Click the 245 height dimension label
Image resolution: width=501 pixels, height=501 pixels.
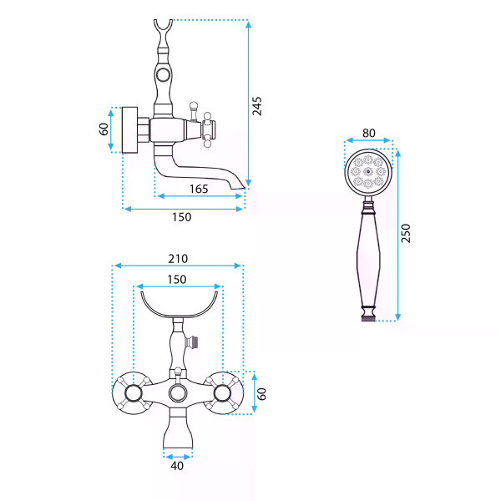click(x=257, y=106)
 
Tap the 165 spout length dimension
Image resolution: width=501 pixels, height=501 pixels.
click(x=199, y=190)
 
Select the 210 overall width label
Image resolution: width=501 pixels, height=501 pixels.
click(x=178, y=259)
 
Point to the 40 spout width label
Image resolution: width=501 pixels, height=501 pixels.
click(x=177, y=466)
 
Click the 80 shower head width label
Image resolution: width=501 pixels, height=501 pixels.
click(x=369, y=133)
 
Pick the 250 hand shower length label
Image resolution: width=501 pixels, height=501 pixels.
click(x=406, y=233)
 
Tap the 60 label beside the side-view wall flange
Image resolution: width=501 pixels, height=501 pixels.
click(x=104, y=129)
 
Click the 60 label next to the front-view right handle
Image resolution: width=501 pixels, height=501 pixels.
click(x=261, y=394)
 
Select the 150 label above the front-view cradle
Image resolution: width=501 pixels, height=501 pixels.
click(x=177, y=280)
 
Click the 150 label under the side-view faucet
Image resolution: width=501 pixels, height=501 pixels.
click(x=182, y=217)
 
